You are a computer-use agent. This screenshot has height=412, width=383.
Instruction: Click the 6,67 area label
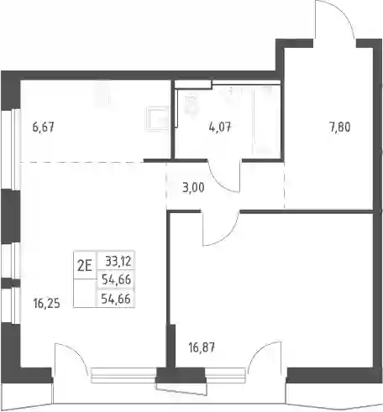43,128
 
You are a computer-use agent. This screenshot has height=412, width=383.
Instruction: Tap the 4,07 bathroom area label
220,128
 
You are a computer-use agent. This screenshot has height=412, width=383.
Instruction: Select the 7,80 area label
339,128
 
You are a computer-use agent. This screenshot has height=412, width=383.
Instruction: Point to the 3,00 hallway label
193,188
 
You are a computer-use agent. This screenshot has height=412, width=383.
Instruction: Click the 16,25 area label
46,303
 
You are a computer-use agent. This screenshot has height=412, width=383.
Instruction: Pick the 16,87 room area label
202,347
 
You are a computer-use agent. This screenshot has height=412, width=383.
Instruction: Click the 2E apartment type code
85,266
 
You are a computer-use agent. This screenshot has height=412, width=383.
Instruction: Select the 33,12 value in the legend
118,261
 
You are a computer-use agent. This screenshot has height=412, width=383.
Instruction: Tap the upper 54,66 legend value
116,279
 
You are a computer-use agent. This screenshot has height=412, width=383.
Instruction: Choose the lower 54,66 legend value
116,299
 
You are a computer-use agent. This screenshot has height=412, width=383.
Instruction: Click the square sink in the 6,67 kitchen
158,118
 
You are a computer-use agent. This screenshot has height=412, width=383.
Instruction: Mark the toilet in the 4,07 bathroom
191,106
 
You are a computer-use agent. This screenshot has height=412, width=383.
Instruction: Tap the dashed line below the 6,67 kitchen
81,162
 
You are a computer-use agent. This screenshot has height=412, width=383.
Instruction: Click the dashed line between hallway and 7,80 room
285,185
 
